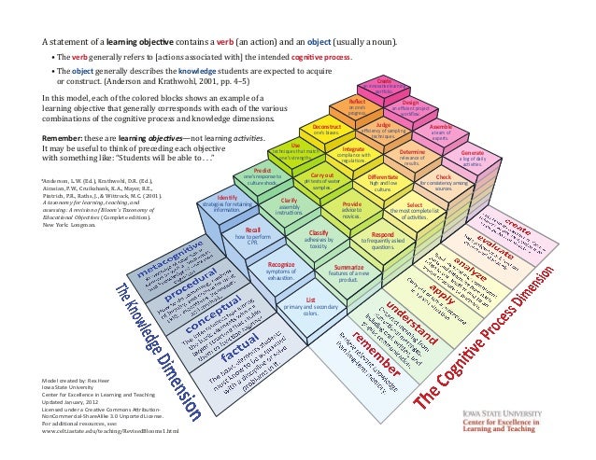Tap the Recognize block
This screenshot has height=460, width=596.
pos(280,272)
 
